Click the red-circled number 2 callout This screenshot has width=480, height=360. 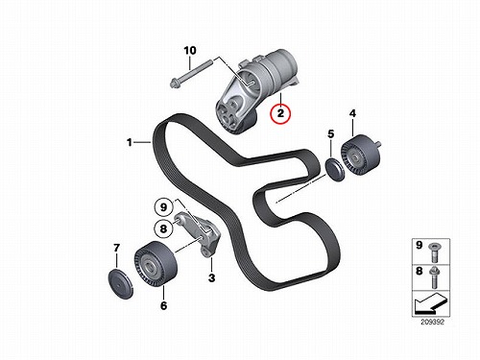280,113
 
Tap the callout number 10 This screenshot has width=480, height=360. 190,51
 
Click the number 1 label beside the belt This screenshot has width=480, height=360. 130,142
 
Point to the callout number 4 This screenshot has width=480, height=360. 352,113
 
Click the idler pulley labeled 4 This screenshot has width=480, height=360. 360,156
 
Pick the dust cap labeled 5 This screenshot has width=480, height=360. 334,169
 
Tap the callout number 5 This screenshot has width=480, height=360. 331,133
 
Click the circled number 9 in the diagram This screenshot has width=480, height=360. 163,207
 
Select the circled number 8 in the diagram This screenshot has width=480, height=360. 163,229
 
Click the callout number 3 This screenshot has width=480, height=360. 211,277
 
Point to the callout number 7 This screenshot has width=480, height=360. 116,248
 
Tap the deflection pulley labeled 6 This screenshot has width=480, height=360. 156,265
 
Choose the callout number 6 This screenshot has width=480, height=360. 163,305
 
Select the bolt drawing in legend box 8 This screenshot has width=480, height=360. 435,276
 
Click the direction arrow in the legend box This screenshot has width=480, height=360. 430,304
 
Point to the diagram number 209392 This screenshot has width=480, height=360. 432,323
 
